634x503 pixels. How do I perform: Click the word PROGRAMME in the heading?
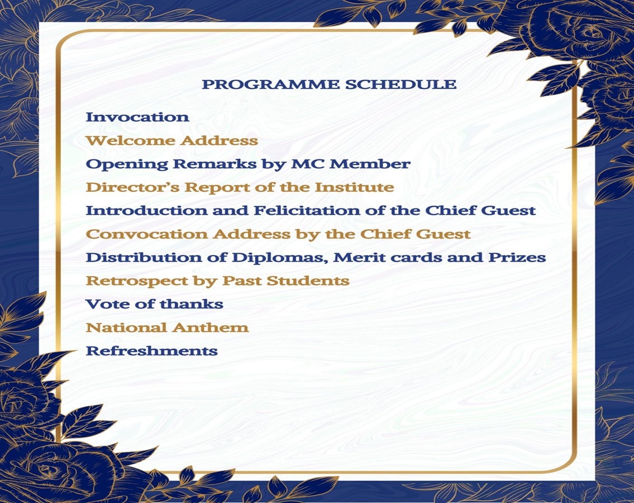click(x=270, y=84)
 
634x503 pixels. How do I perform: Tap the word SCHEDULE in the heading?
click(x=401, y=84)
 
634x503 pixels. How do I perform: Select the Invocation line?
click(x=137, y=117)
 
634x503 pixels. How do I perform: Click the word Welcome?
click(x=131, y=141)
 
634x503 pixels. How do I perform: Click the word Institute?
click(x=354, y=187)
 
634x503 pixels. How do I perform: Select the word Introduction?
click(x=146, y=211)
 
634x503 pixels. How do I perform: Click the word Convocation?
click(x=147, y=234)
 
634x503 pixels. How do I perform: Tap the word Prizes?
click(x=517, y=257)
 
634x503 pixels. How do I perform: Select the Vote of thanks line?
click(x=155, y=304)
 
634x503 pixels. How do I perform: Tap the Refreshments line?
click(x=151, y=351)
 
